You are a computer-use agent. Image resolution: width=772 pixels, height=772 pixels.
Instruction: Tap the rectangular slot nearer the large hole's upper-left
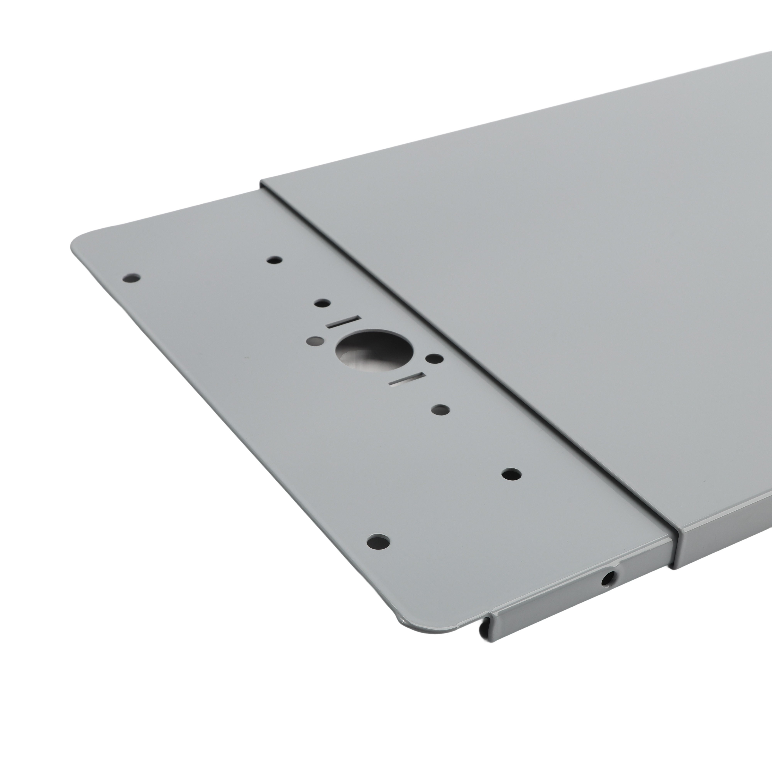344,322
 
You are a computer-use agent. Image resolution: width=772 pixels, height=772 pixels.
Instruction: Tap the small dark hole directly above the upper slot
322,303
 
